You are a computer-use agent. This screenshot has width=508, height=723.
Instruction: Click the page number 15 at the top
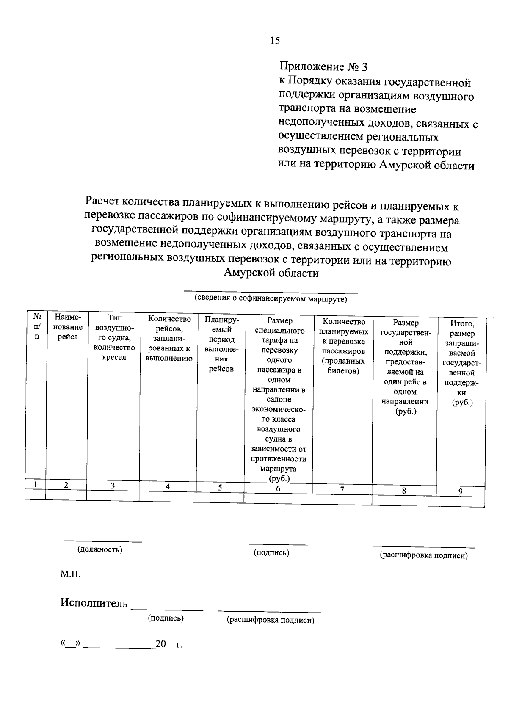tap(275, 41)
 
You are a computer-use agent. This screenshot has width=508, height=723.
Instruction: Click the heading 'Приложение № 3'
tap(323, 67)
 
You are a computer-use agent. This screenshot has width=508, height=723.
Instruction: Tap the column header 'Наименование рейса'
tap(68, 327)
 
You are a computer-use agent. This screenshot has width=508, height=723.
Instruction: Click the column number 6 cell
tap(278, 488)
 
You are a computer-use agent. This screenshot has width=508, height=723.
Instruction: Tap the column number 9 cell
tap(460, 491)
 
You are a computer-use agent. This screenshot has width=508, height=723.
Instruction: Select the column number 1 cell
tap(36, 484)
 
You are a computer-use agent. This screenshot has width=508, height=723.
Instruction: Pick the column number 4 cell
tap(168, 486)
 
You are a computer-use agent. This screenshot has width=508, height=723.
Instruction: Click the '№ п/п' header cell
tap(37, 326)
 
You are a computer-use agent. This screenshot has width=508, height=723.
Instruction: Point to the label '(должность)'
tap(99, 549)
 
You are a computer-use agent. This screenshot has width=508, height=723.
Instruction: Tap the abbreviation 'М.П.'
tap(70, 574)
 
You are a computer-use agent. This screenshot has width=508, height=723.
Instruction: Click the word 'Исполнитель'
tap(94, 603)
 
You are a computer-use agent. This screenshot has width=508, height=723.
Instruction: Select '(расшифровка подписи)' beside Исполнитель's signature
tap(271, 620)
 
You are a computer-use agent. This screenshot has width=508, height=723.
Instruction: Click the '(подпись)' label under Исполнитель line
tap(166, 618)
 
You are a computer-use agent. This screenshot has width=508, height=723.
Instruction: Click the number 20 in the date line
tap(160, 644)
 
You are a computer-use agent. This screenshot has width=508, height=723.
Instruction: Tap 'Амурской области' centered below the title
tap(271, 273)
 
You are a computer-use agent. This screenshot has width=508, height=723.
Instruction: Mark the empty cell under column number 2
tap(66, 494)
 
